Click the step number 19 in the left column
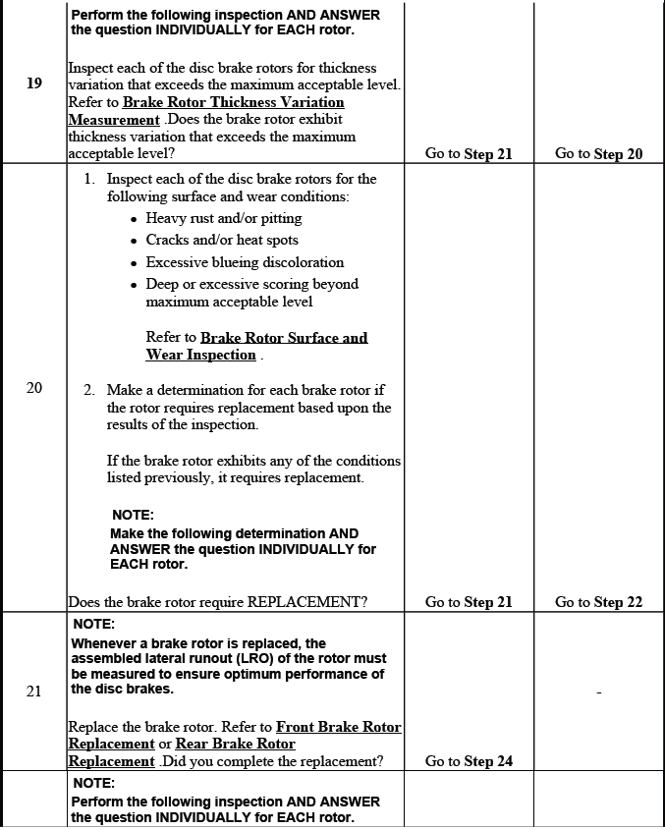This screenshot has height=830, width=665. point(34,83)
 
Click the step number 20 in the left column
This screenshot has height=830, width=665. point(34,388)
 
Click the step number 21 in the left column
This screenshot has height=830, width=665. point(34,692)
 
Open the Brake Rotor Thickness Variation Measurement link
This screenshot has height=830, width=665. point(233,102)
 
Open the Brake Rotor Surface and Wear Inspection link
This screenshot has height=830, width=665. point(283,338)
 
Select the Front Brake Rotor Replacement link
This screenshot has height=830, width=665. point(338,727)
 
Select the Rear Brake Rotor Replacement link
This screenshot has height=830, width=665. point(235,744)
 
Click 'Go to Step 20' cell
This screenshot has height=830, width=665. point(598,153)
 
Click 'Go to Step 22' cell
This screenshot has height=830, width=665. point(598,602)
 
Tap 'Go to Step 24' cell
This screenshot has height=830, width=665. point(469,761)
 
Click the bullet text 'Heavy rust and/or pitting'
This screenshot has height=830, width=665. point(224,218)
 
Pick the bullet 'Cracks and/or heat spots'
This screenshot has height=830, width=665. point(222,240)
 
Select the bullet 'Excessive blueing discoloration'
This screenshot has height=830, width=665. point(245,262)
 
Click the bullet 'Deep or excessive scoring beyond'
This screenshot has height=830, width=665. point(252,284)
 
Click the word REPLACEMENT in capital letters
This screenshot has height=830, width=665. point(307,602)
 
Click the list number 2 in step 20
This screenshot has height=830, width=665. point(88,390)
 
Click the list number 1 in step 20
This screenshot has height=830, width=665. point(88,179)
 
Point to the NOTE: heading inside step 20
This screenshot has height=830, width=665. point(133,515)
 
